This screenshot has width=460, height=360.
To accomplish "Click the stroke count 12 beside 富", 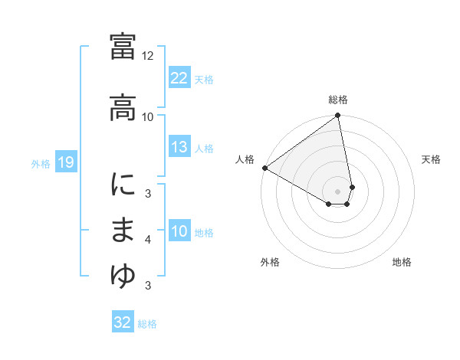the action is point(148,56).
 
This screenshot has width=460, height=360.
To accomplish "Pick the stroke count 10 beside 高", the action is point(148,116).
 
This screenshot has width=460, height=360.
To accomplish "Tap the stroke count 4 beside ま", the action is point(148,240).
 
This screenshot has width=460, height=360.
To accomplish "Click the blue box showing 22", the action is point(179,78).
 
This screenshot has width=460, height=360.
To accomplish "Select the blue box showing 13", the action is point(179,147).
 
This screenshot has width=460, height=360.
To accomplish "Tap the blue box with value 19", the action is point(65,162).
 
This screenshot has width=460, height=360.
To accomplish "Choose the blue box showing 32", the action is point(123,322).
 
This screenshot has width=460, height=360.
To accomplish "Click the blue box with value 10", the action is point(179,231).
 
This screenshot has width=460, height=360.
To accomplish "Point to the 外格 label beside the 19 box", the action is point(41,163).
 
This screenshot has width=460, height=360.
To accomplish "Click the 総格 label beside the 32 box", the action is point(147,323).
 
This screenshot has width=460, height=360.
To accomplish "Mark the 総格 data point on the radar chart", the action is point(338,116).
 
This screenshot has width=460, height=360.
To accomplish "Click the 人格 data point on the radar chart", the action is point(264,167).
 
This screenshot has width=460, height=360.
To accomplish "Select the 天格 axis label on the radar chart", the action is point(431,159).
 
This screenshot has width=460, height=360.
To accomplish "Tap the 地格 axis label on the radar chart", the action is point(402,262).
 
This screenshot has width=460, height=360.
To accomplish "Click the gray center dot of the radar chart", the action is point(338,190).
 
